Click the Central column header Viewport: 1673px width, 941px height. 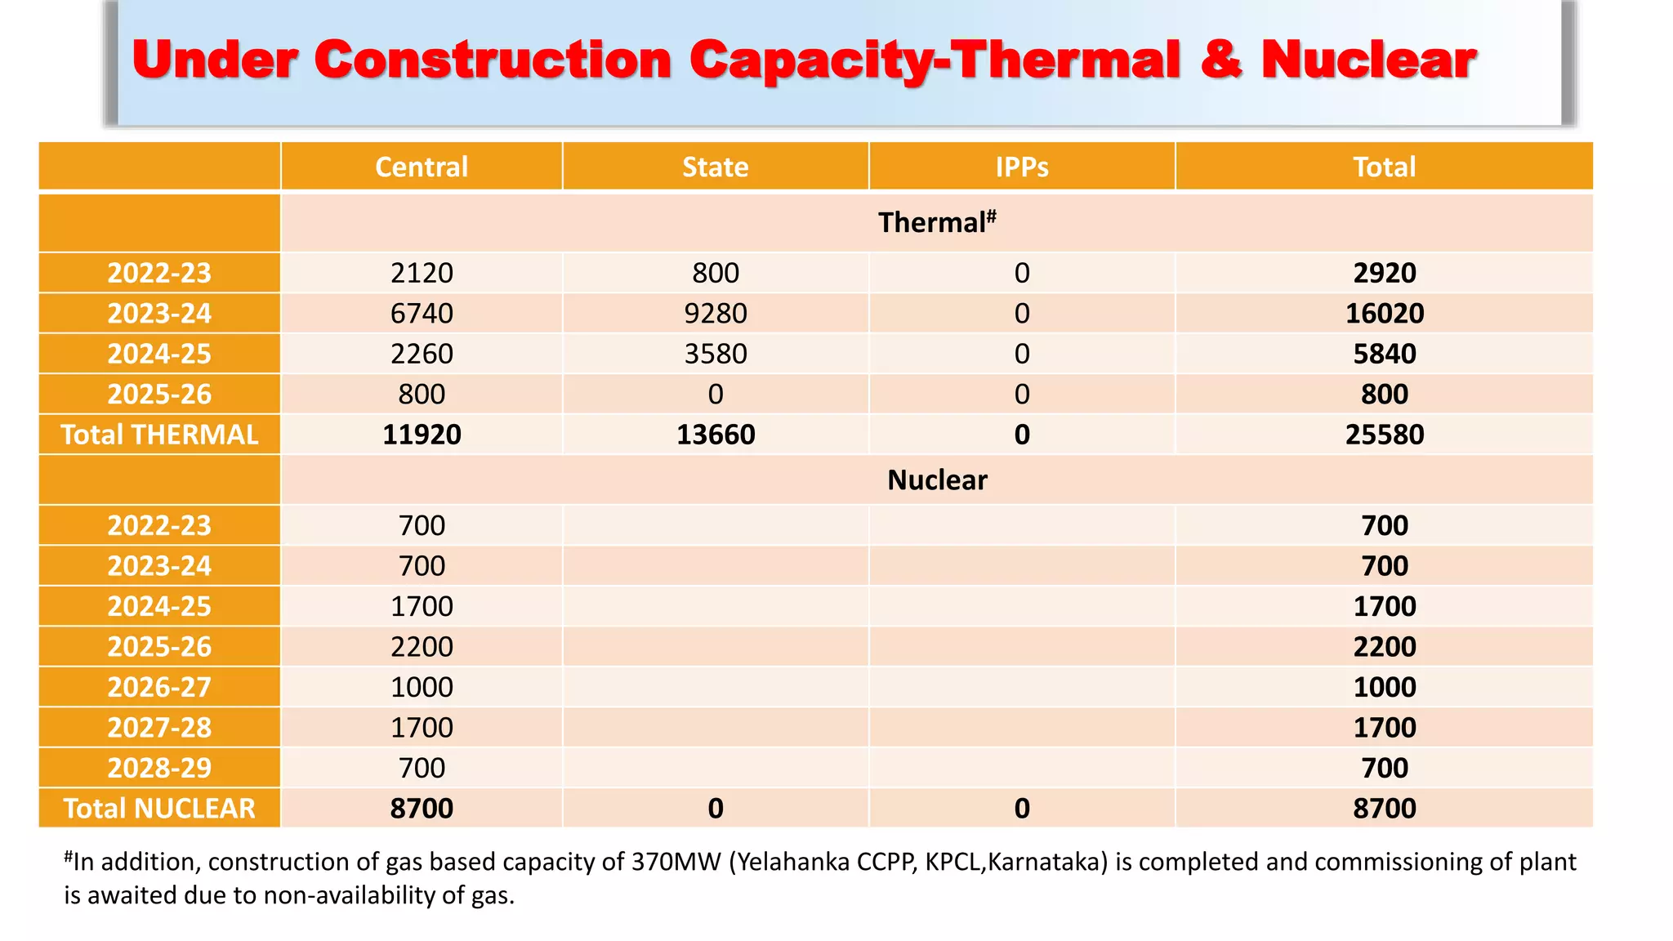point(422,167)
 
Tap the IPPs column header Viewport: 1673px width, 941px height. point(1021,167)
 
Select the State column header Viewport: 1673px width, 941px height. point(715,167)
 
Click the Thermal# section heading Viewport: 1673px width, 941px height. point(936,222)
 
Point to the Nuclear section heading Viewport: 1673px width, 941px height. point(936,480)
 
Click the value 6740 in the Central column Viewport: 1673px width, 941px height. point(422,313)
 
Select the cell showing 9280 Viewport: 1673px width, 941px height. point(715,313)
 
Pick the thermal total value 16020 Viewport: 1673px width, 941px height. point(1384,313)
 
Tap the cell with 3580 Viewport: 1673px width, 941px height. point(715,354)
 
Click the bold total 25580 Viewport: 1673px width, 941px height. point(1384,435)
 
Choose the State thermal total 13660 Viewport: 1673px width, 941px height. point(715,435)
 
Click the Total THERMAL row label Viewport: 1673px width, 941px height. point(159,435)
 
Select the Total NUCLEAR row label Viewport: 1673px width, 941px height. point(159,808)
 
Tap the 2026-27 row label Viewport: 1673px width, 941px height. point(159,687)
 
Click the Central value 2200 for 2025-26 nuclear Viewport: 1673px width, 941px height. point(422,646)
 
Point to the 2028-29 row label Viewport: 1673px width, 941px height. point(159,768)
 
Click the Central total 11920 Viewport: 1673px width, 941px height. point(422,435)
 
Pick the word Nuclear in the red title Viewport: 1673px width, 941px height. point(1368,60)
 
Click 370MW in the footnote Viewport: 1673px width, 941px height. point(675,862)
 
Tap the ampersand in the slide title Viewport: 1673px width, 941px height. point(1220,60)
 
